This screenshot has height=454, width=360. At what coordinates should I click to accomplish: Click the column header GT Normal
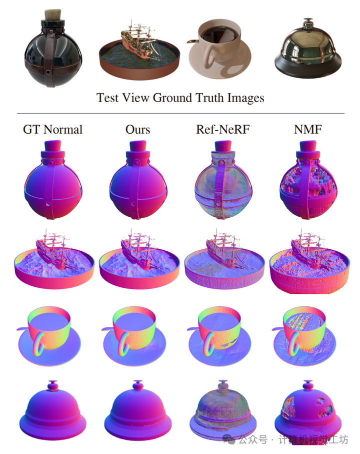[52, 130]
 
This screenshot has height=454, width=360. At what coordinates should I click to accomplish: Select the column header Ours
[137, 130]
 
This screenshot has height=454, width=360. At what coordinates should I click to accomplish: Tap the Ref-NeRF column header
[222, 130]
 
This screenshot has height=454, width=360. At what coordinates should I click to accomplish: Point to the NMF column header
[308, 130]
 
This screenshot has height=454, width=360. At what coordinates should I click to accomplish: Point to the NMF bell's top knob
[306, 386]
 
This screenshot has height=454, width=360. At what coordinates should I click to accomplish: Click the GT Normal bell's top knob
[52, 386]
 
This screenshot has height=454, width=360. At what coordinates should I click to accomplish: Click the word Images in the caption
[242, 97]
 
